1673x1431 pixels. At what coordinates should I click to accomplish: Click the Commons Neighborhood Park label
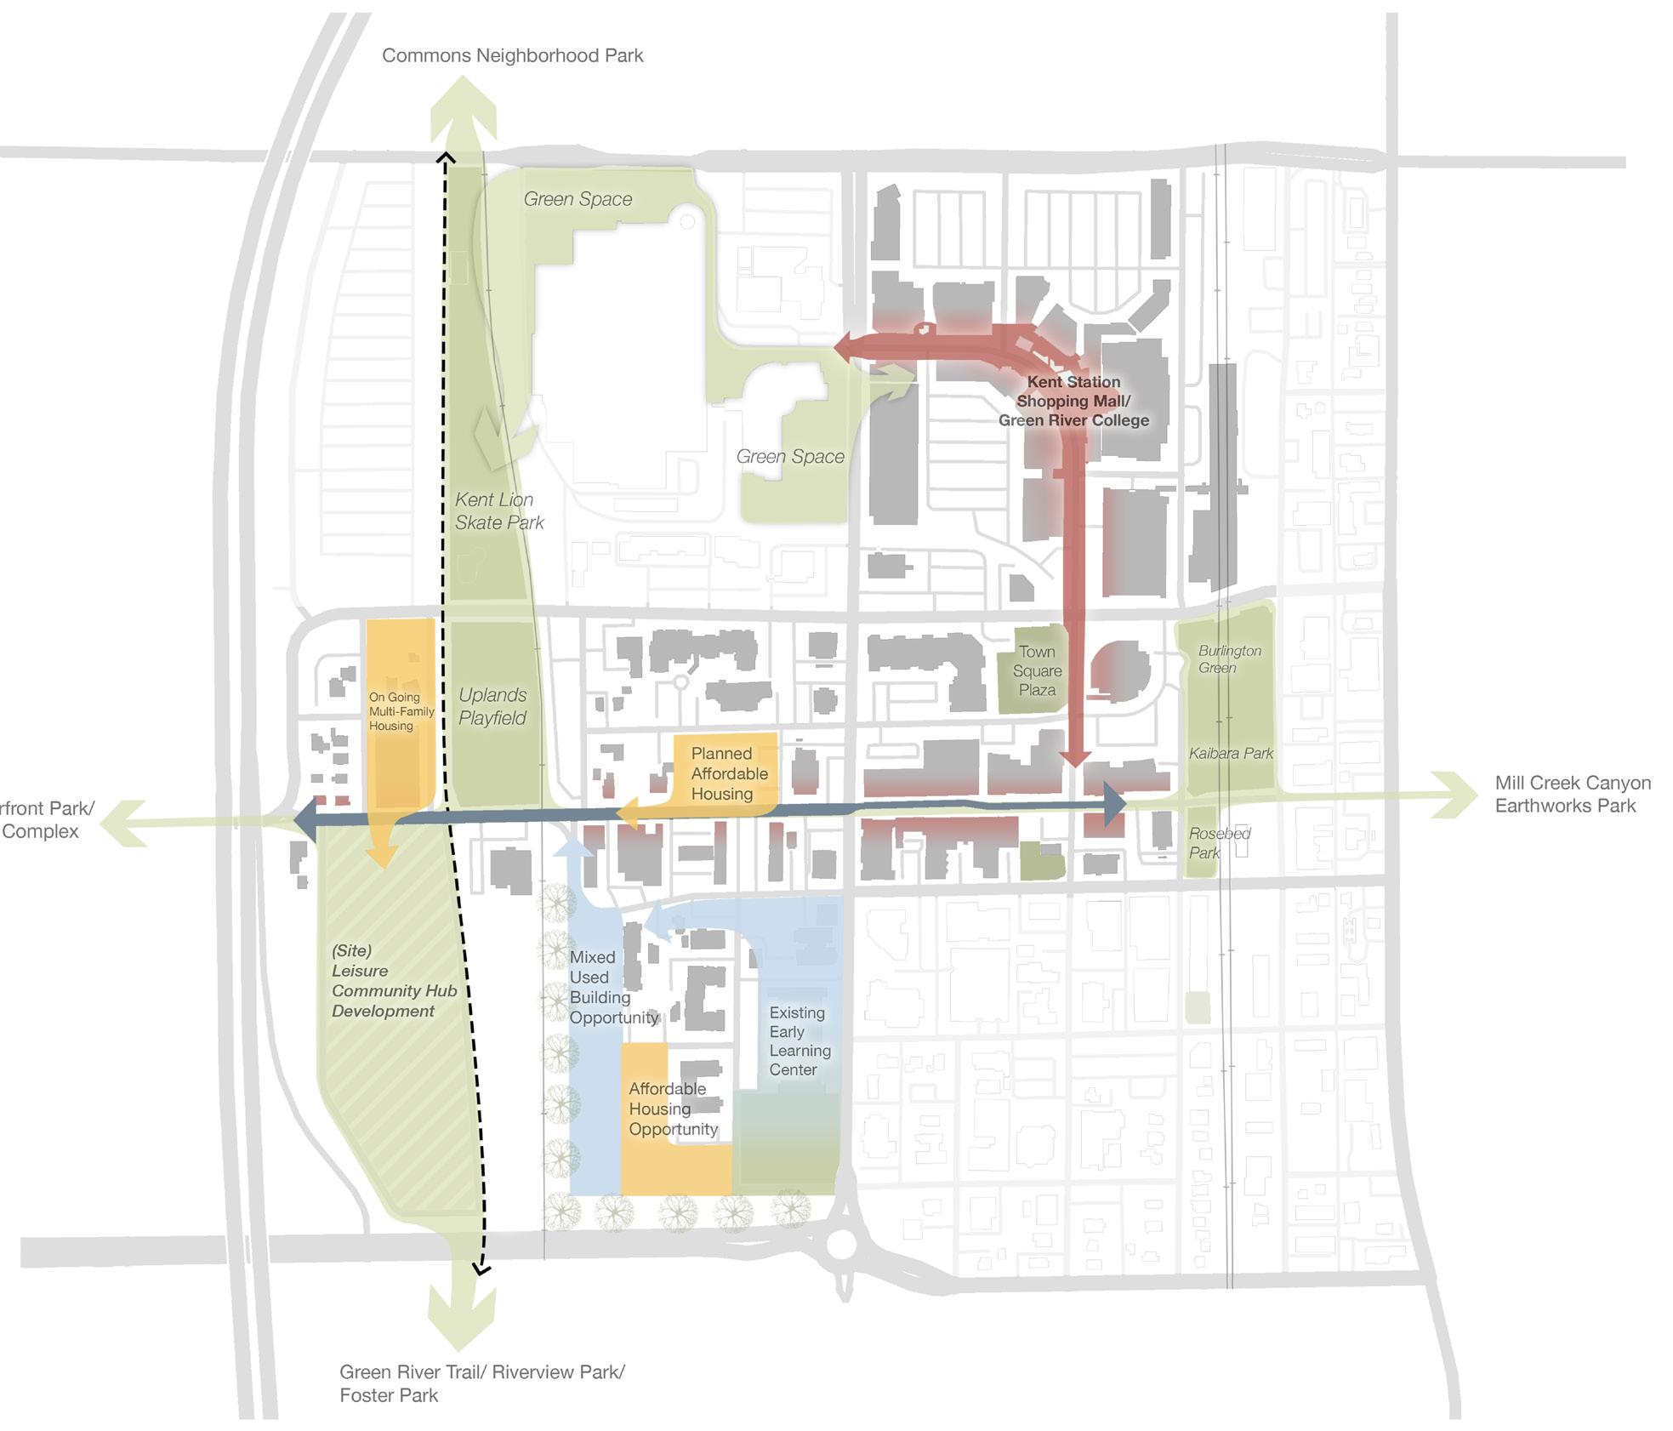(x=512, y=56)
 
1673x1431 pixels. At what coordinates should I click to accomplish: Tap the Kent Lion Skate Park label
(x=498, y=511)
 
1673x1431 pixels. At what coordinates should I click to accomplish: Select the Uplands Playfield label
(x=492, y=706)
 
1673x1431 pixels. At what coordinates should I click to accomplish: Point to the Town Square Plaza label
(x=1037, y=670)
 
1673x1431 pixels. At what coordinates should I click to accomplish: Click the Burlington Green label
(x=1229, y=658)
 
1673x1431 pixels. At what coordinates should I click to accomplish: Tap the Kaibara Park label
(x=1231, y=753)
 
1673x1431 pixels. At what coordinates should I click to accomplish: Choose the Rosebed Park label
(x=1219, y=842)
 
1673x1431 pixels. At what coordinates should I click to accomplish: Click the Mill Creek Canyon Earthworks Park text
(x=1573, y=794)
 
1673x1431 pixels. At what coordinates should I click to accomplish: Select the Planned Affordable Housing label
(x=728, y=773)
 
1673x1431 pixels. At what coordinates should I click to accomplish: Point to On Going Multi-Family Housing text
(x=401, y=711)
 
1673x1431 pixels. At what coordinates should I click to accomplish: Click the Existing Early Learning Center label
(x=799, y=1040)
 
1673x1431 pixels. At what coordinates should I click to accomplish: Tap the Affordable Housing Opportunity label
(x=672, y=1109)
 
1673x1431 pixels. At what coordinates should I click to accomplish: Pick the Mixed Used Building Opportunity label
(x=612, y=987)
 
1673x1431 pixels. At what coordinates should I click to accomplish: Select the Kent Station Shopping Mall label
(x=1073, y=401)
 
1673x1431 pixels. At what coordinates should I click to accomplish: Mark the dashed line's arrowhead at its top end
(x=445, y=158)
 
